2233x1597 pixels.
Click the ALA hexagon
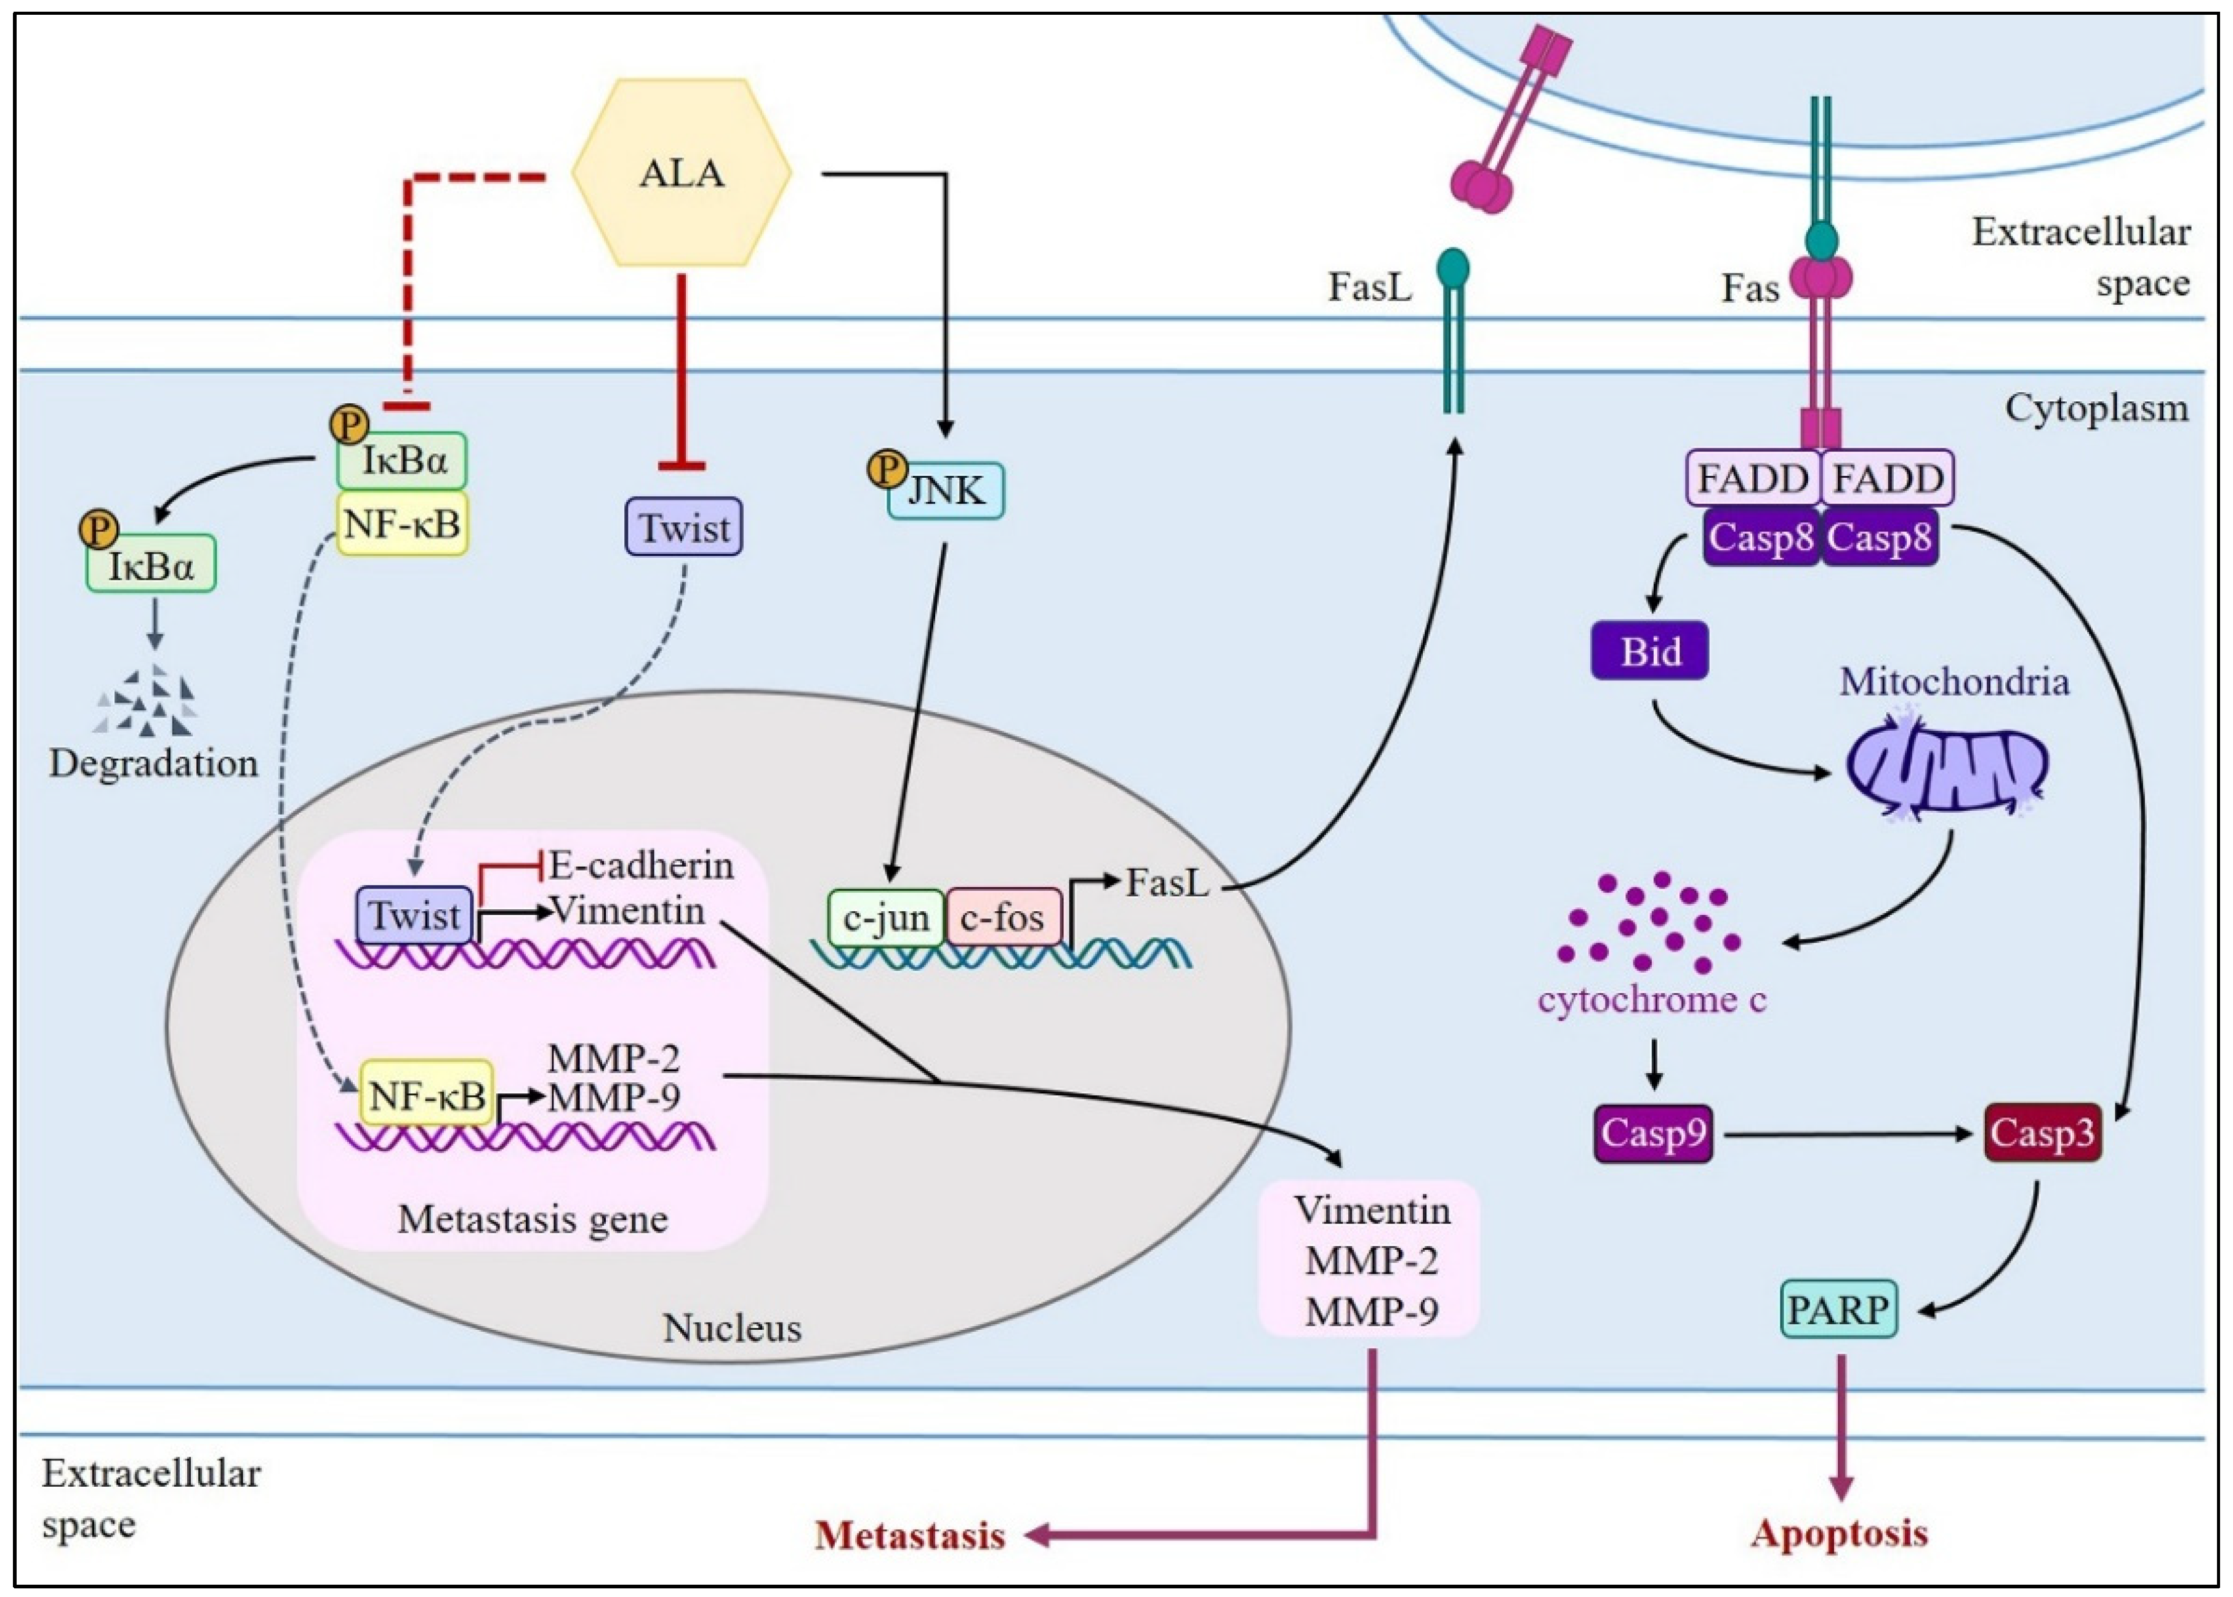point(682,173)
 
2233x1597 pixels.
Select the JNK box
point(946,489)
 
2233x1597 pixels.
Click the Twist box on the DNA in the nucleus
point(414,915)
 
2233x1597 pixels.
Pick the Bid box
point(1650,651)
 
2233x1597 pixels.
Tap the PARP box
point(1838,1309)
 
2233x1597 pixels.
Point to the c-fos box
point(1003,917)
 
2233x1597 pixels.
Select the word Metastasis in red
point(909,1534)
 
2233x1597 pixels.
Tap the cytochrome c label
point(1652,1000)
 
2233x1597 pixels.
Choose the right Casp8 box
point(1879,537)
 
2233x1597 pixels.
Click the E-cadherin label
point(641,866)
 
